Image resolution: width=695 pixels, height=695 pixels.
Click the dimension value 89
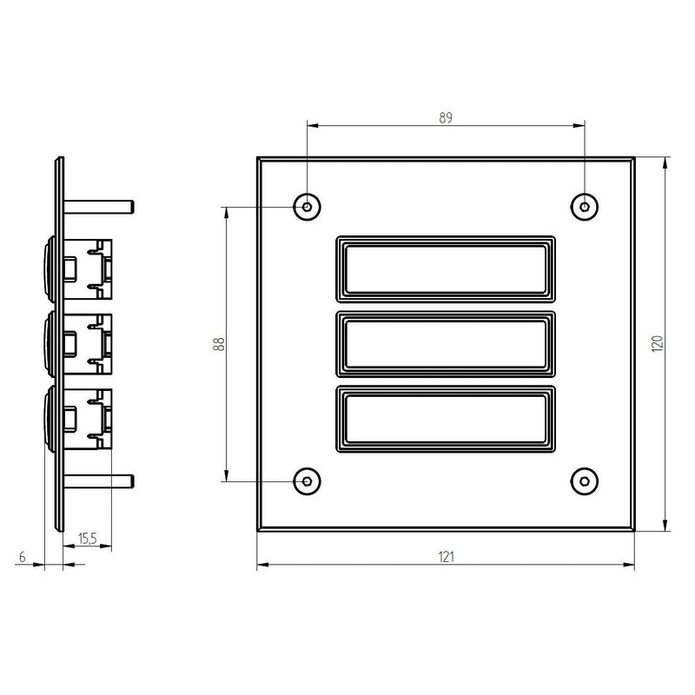[x=446, y=118]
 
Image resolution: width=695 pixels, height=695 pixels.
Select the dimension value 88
[x=219, y=344]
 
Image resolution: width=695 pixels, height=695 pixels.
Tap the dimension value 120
[x=658, y=343]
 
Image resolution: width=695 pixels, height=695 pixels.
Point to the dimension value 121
[x=447, y=557]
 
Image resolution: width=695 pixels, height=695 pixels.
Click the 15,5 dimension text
[x=88, y=539]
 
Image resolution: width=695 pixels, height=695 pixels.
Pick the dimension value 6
[x=23, y=557]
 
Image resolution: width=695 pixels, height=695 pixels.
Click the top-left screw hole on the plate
[x=308, y=207]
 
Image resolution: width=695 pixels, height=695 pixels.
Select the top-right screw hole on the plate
[x=585, y=207]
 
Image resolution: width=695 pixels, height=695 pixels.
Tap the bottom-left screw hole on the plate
[x=308, y=481]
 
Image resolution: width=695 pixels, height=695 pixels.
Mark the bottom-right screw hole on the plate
[x=585, y=481]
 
